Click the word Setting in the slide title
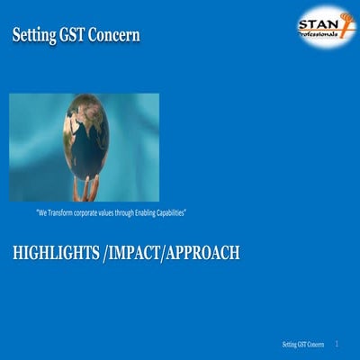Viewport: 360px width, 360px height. click(33, 36)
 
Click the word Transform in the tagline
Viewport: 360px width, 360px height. click(65, 213)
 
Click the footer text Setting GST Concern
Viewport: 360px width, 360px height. click(302, 345)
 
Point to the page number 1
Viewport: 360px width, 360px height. click(337, 344)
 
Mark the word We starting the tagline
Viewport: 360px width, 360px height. click(42, 213)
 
